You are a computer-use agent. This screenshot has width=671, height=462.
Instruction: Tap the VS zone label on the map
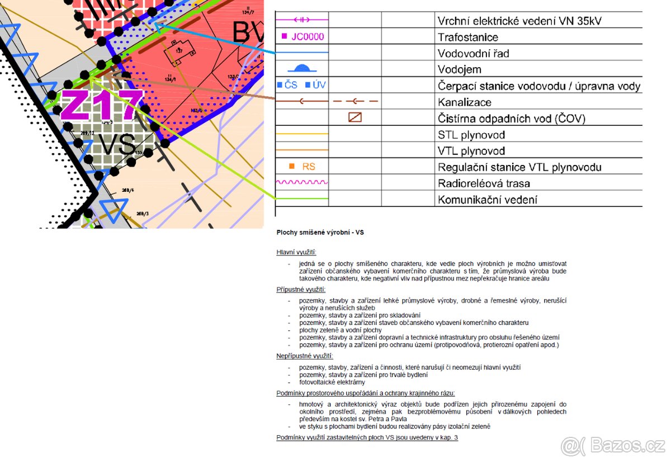[x=117, y=145]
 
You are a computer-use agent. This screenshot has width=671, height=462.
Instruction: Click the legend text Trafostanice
[x=467, y=37]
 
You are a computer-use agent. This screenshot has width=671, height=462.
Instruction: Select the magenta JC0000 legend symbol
[x=302, y=37]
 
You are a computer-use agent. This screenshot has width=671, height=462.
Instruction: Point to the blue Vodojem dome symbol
[x=302, y=69]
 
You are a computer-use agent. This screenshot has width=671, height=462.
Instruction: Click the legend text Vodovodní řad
[x=473, y=54]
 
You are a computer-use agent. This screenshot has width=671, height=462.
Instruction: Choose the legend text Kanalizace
[x=464, y=102]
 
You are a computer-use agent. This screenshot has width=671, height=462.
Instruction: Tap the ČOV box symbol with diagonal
[x=355, y=118]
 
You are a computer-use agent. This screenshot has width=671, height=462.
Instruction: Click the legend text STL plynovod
[x=471, y=135]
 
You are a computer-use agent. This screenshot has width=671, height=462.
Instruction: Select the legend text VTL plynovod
[x=471, y=151]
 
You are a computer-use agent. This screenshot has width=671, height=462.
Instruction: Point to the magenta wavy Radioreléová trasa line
[x=302, y=183]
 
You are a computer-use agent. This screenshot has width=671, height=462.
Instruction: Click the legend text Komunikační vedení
[x=487, y=200]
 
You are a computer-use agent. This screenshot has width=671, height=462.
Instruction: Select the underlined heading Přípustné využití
[x=301, y=290]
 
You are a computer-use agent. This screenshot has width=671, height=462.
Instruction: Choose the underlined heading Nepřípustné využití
[x=305, y=356]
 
